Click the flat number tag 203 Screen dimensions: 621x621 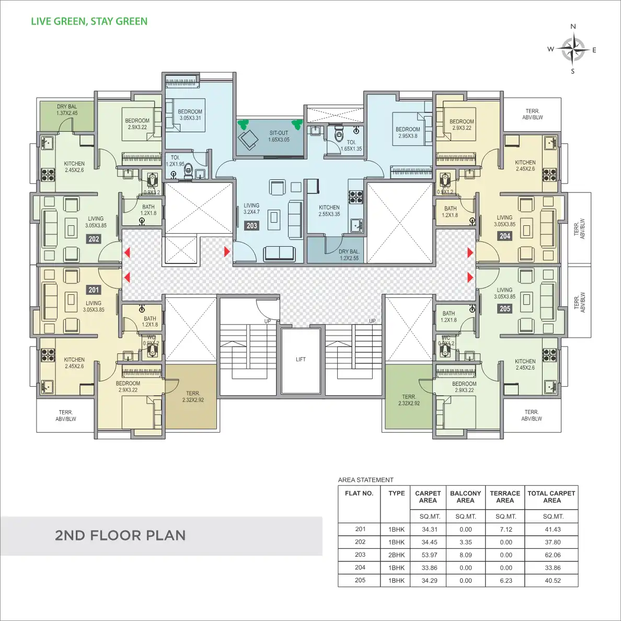tap(251, 226)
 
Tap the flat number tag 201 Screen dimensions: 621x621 tap(94, 290)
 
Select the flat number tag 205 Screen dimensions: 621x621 tap(504, 308)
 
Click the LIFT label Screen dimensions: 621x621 tap(301, 360)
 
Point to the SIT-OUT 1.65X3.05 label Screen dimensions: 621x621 tap(279, 136)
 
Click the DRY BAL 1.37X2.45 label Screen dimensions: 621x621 tap(67, 110)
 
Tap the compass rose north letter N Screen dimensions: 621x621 tap(573, 27)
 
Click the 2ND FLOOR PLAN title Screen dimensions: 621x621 tap(120, 535)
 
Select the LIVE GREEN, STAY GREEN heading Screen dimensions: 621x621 tap(89, 21)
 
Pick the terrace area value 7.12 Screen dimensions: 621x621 tap(505, 530)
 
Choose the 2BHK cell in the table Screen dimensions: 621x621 tap(396, 555)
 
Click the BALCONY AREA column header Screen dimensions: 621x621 tap(465, 497)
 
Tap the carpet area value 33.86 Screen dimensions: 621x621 tap(429, 568)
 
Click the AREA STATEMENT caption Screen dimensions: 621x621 tap(366, 480)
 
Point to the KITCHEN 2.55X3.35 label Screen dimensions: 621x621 tap(329, 211)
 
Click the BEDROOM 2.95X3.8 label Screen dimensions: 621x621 tap(408, 132)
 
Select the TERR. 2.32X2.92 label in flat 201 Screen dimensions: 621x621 tap(193, 397)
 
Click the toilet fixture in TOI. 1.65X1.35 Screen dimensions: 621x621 tap(338, 135)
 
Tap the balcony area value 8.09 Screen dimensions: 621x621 tap(465, 555)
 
